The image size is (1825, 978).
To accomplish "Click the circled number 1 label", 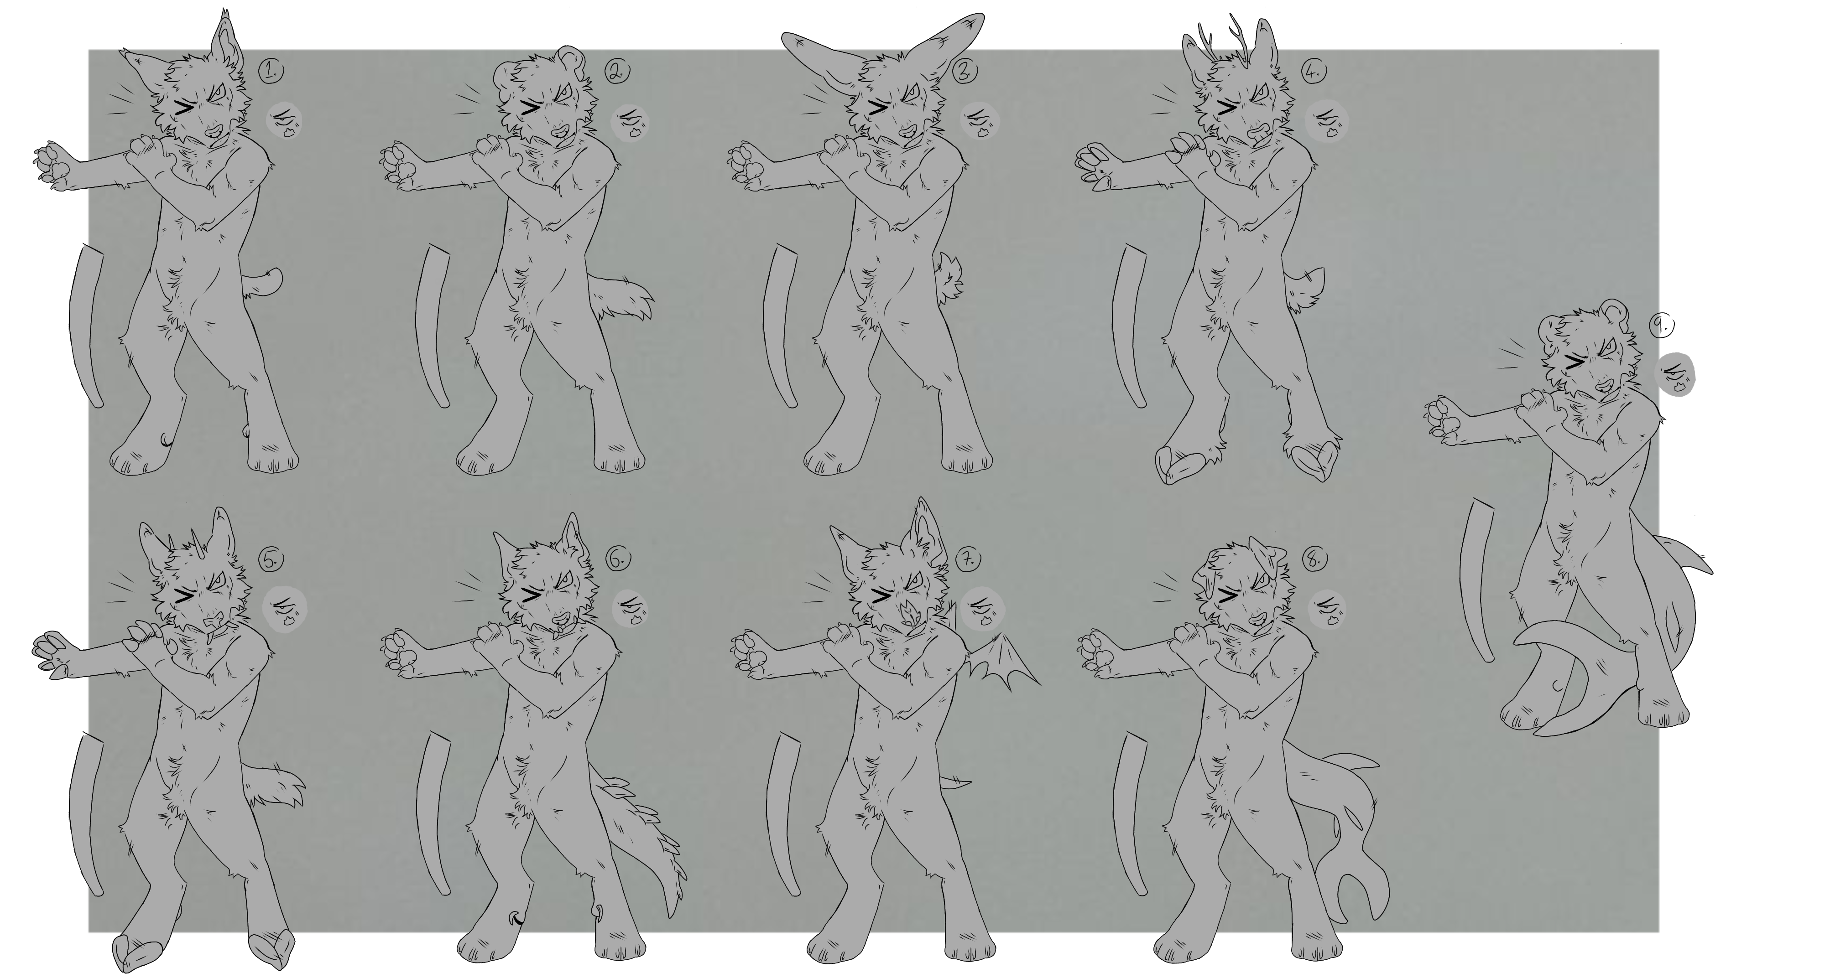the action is tap(270, 70).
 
